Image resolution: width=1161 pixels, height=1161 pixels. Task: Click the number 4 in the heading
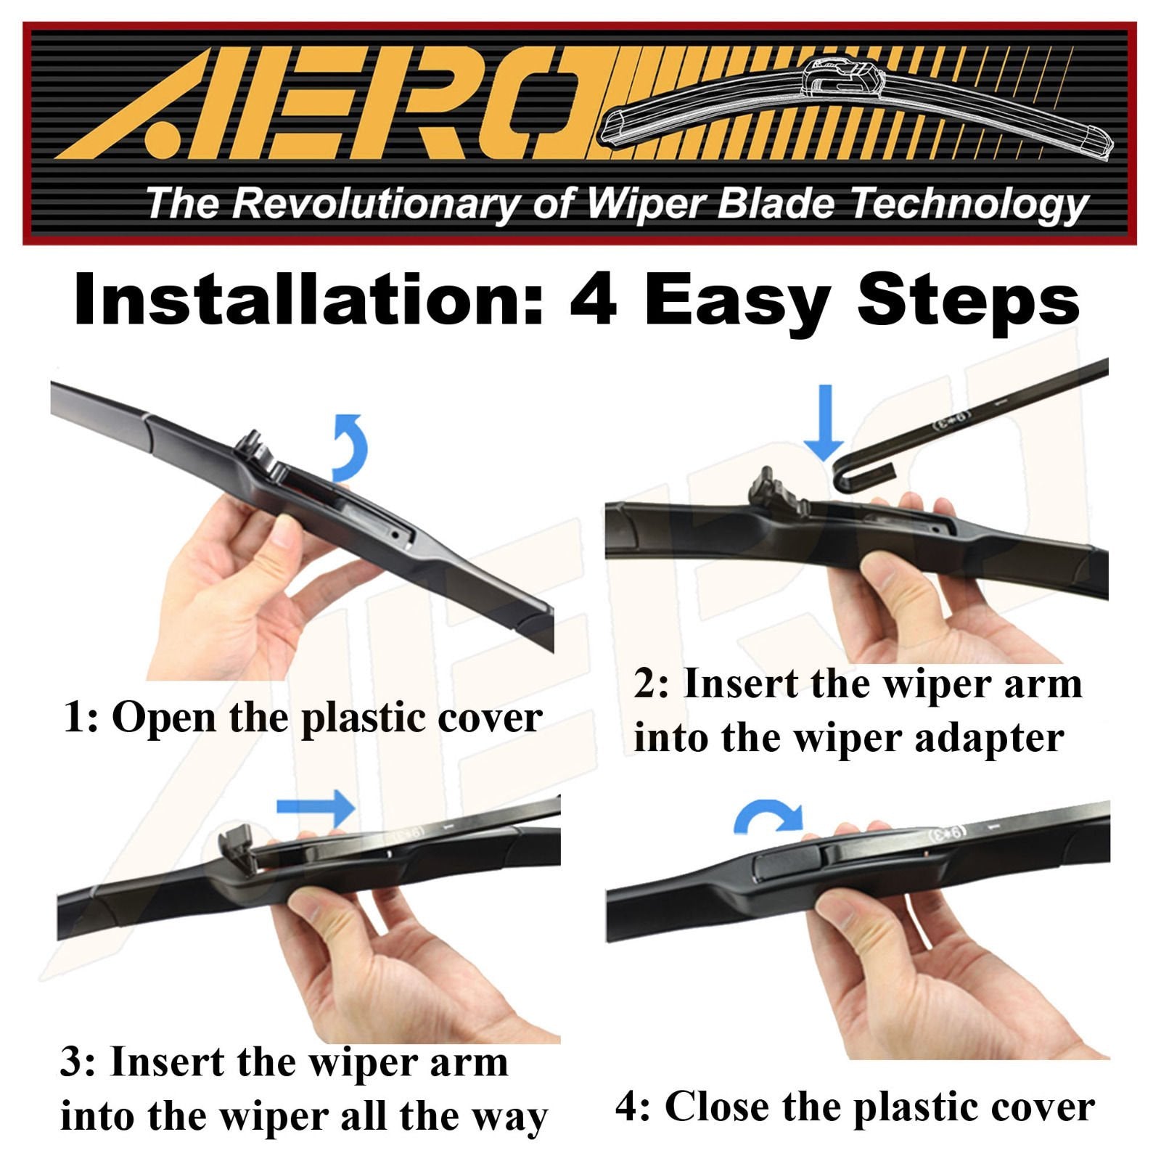[594, 300]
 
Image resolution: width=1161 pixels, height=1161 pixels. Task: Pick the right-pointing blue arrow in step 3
[316, 807]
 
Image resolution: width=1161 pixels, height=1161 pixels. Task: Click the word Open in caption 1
[163, 718]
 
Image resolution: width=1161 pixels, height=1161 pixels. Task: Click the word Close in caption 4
[715, 1107]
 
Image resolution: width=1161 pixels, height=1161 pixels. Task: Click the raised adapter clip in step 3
[237, 846]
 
